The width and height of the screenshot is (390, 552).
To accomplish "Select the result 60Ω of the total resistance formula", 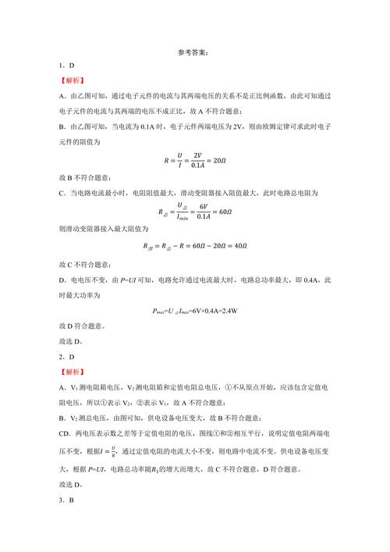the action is [222, 211].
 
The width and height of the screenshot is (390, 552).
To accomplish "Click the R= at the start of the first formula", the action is [168, 162].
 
